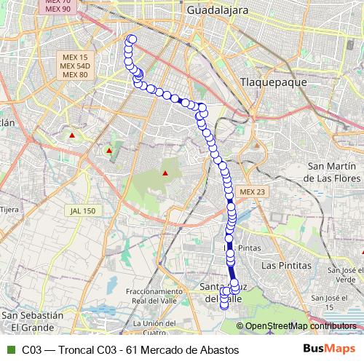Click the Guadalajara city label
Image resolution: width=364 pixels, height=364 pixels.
pos(218,11)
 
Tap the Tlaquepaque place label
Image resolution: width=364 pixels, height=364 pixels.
pos(269,82)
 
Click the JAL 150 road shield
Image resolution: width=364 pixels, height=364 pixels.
pos(82,210)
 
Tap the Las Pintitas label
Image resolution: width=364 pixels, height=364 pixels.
pos(286,266)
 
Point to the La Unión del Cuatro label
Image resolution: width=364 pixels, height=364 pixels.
pos(157,328)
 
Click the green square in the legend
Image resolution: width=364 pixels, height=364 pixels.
pos(10,350)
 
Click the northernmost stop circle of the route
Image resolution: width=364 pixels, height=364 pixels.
pos(132,40)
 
